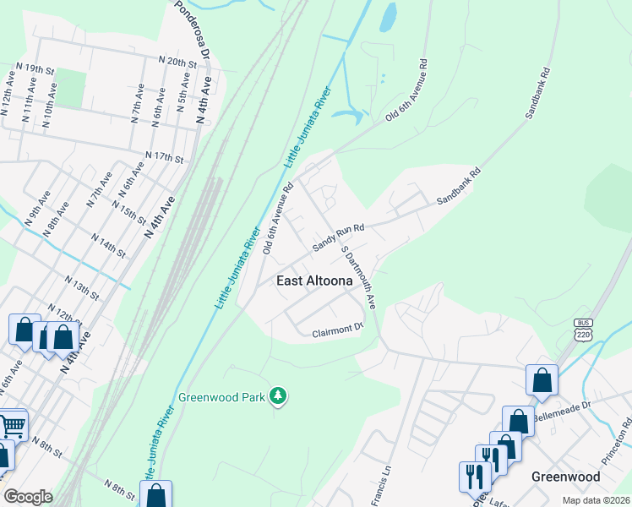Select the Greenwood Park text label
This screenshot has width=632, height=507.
point(223,396)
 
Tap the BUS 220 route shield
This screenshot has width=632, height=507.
point(583,330)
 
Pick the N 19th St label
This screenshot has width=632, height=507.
point(34,68)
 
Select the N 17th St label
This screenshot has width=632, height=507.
point(164,157)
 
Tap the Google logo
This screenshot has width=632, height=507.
point(29,497)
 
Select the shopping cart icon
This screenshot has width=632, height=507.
point(12,425)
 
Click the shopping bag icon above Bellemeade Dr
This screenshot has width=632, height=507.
point(542,381)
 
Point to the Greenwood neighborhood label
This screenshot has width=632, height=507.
point(565,477)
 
